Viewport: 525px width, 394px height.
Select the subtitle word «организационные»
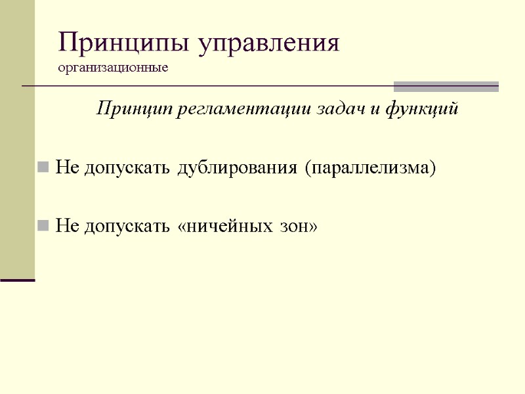[x=113, y=68]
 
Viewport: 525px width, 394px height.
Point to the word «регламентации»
[x=232, y=109]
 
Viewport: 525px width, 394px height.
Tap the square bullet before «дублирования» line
[x=43, y=168]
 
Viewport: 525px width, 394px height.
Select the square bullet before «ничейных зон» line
[x=43, y=227]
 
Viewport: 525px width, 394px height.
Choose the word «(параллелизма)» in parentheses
[x=370, y=168]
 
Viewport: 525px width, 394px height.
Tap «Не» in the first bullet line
[x=66, y=168]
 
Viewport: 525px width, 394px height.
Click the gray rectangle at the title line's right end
[x=446, y=87]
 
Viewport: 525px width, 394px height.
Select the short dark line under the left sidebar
[x=17, y=280]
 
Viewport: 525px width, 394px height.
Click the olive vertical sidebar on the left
[x=17, y=138]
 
